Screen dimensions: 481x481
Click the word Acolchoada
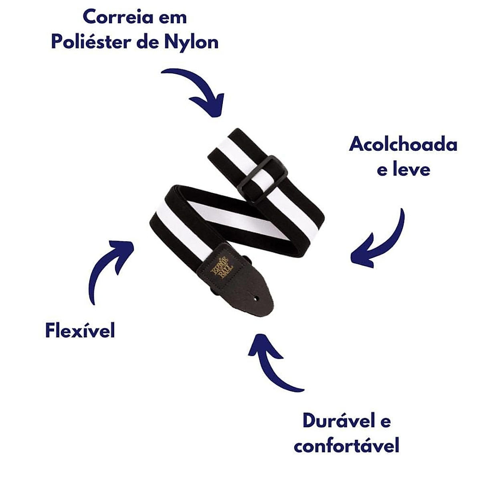(x=403, y=144)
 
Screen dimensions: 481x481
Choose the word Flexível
(x=80, y=331)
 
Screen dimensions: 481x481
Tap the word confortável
(x=346, y=445)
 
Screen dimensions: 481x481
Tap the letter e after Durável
(x=384, y=421)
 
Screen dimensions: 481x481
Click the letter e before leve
(x=383, y=170)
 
